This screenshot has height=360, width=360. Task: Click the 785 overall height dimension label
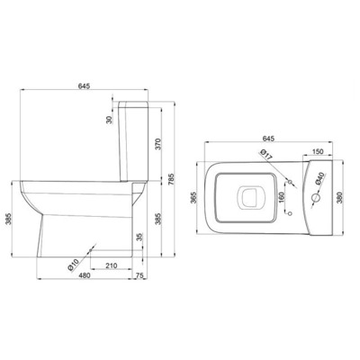pyautogui.click(x=172, y=179)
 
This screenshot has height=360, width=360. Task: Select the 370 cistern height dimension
pyautogui.click(x=158, y=144)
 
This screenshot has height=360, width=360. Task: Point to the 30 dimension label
pyautogui.click(x=109, y=120)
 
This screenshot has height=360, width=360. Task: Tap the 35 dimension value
pyautogui.click(x=139, y=238)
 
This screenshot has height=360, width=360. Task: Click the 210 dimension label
pyautogui.click(x=111, y=265)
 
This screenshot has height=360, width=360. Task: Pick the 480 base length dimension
pyautogui.click(x=85, y=275)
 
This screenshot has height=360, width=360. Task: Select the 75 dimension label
pyautogui.click(x=139, y=275)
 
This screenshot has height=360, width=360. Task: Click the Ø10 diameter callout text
pyautogui.click(x=73, y=265)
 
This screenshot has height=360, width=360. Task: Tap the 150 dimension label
pyautogui.click(x=318, y=151)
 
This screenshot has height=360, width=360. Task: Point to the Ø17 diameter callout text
pyautogui.click(x=266, y=154)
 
